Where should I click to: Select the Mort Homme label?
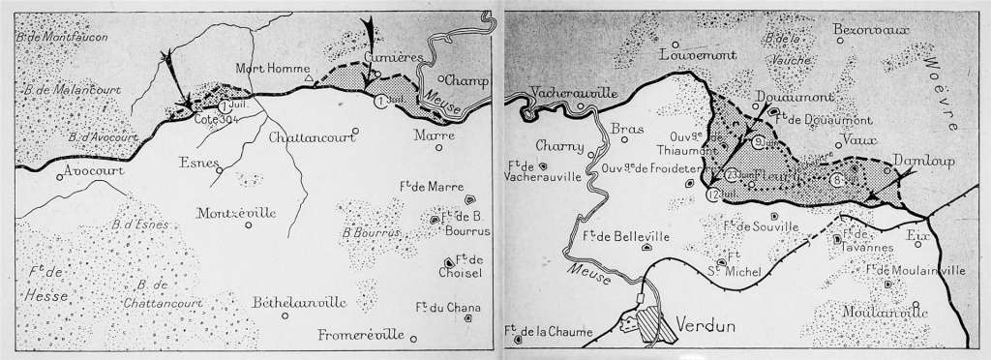coord(274,68)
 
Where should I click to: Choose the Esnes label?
coord(198,163)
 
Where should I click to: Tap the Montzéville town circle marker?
coord(249,225)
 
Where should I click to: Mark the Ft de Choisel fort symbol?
coord(448,262)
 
